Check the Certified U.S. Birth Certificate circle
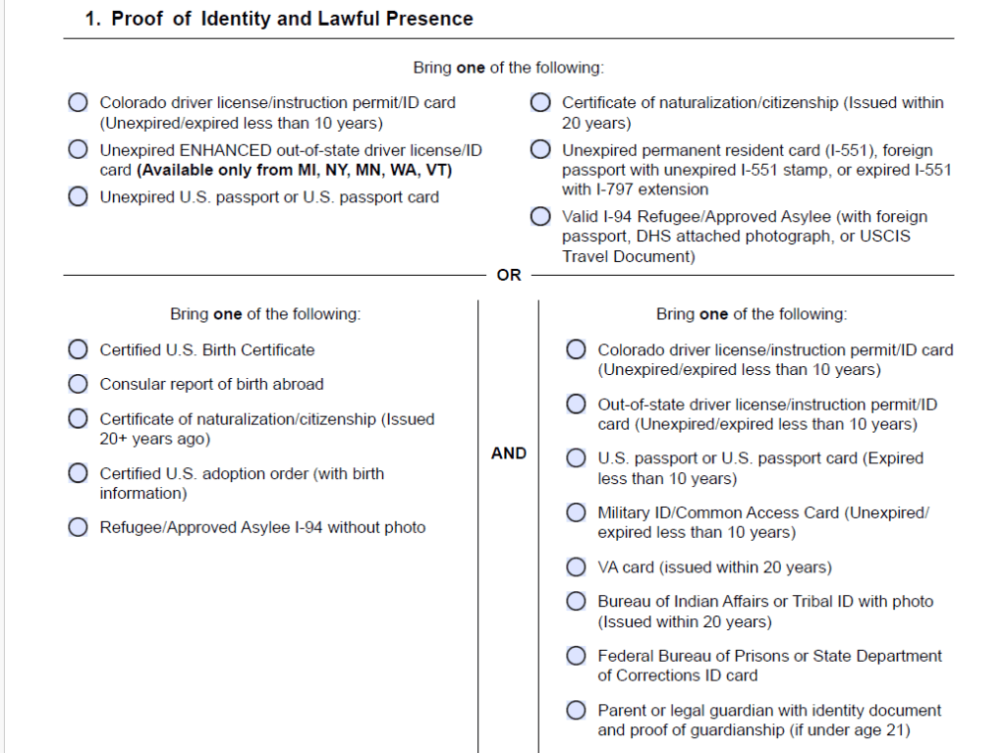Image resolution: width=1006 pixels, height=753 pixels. pyautogui.click(x=78, y=350)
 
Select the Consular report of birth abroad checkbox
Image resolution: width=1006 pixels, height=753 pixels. pyautogui.click(x=78, y=384)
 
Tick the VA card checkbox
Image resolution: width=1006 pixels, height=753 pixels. pyautogui.click(x=577, y=567)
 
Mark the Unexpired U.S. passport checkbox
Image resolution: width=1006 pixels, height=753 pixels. pyautogui.click(x=78, y=196)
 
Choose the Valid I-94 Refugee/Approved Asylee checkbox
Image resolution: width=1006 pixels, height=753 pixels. pyautogui.click(x=540, y=217)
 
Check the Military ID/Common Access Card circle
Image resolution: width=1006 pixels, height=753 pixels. pyautogui.click(x=577, y=512)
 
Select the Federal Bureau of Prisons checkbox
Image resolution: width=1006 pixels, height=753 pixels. pyautogui.click(x=577, y=656)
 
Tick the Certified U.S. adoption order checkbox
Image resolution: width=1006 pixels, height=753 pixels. pyautogui.click(x=78, y=473)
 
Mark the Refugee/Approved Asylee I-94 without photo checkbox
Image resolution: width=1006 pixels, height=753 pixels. pyautogui.click(x=78, y=527)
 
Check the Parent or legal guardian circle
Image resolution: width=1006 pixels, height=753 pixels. pyautogui.click(x=577, y=710)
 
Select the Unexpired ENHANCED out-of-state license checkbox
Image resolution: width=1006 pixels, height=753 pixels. pyautogui.click(x=78, y=150)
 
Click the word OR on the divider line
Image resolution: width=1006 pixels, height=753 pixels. pyautogui.click(x=509, y=276)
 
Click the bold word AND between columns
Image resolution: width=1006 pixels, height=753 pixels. pyautogui.click(x=508, y=454)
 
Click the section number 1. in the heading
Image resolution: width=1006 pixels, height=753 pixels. pyautogui.click(x=93, y=19)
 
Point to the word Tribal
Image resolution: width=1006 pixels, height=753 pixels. pyautogui.click(x=803, y=601)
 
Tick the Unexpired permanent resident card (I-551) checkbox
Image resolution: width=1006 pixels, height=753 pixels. pyautogui.click(x=540, y=150)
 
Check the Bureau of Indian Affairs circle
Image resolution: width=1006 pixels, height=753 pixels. pyautogui.click(x=577, y=602)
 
